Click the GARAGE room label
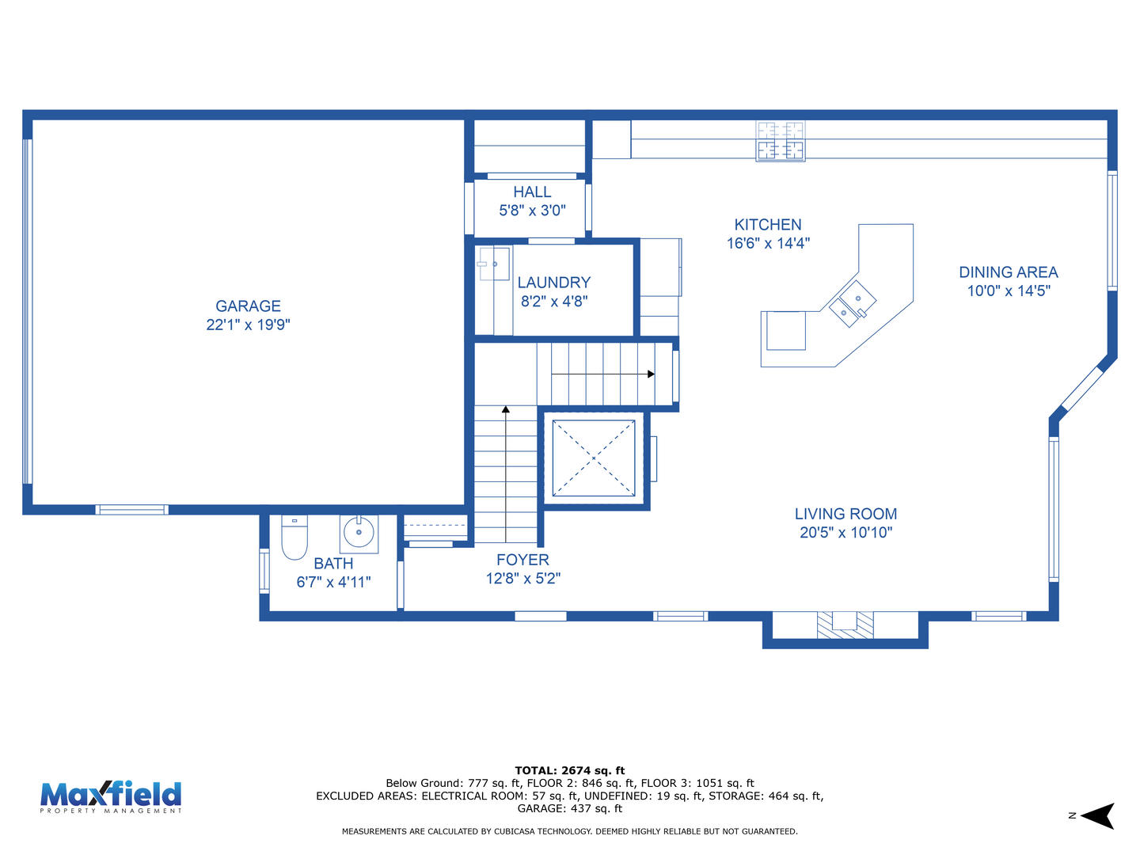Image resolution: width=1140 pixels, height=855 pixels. coord(248,306)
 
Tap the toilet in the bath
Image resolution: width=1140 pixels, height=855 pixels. coord(294,537)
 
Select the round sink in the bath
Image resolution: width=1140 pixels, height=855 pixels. coord(359,533)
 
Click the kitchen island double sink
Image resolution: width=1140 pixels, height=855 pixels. coord(853,304)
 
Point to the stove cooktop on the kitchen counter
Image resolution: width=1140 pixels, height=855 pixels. coord(780,141)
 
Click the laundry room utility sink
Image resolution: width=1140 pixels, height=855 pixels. coord(494,264)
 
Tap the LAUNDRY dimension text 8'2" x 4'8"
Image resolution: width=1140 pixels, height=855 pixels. coord(554,301)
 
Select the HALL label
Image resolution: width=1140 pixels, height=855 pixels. coord(532,192)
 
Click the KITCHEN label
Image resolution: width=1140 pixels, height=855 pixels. coord(768,225)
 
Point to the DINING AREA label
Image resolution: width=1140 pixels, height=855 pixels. coord(1008,272)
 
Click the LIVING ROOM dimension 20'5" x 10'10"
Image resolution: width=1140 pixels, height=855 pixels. coord(845,532)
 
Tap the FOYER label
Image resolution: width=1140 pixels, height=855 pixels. coord(522,560)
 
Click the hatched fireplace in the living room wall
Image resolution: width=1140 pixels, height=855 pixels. coord(845,625)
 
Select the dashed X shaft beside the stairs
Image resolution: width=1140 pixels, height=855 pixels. coord(593,458)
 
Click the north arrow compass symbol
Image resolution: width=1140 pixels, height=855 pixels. coord(1097,816)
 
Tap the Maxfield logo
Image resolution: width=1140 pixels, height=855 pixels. coord(111,797)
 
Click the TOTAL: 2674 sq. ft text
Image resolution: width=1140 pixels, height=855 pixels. coord(569,770)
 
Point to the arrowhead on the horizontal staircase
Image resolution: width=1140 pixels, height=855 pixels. coord(651,374)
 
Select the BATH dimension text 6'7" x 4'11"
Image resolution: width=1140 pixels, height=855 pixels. coord(333,582)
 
